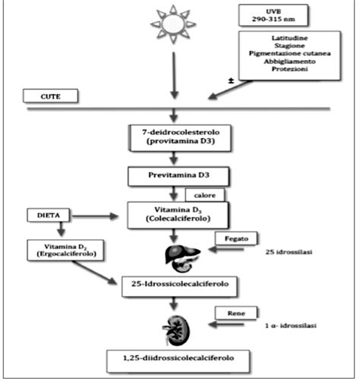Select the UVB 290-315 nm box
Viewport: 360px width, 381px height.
pyautogui.click(x=268, y=17)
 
